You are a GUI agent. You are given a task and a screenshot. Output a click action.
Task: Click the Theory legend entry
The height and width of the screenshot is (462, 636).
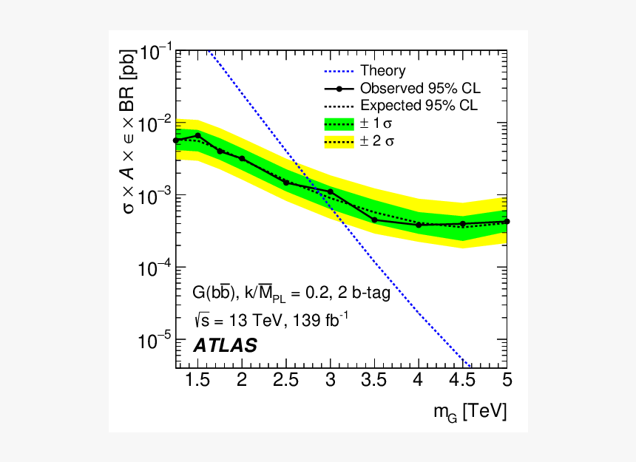point(382,71)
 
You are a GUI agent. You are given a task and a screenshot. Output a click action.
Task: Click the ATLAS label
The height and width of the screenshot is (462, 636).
point(225,345)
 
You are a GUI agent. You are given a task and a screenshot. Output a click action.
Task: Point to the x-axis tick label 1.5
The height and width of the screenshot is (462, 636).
point(198,381)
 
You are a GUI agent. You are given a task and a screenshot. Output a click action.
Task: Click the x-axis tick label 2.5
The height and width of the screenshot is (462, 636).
point(286,381)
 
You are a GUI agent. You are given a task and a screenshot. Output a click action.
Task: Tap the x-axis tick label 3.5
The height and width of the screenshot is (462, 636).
point(375,381)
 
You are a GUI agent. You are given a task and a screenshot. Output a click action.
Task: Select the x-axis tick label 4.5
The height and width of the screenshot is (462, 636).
point(463,381)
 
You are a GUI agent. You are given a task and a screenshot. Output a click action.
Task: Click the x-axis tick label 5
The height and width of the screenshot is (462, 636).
point(507,381)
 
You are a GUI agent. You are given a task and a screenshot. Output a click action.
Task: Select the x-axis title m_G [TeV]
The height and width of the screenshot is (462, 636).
point(470,412)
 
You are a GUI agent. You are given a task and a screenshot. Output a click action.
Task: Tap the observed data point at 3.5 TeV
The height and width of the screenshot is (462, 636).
point(374,220)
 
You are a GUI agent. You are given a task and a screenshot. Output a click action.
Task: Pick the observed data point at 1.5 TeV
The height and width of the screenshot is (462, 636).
point(198,135)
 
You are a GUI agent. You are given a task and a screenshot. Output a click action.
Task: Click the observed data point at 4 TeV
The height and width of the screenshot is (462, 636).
point(419,225)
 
